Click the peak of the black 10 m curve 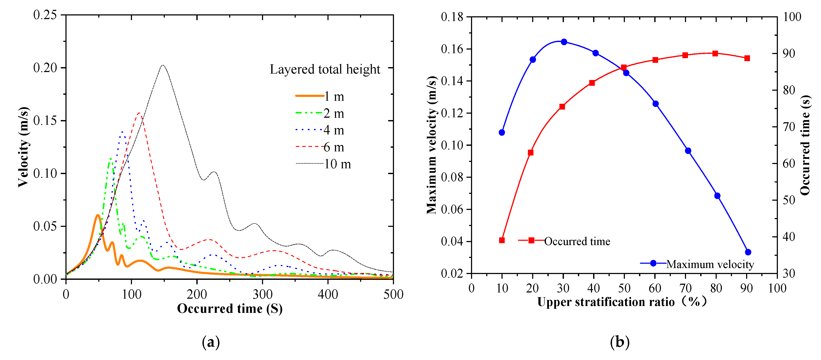(163, 65)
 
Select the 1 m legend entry (320, 96)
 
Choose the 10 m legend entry (324, 164)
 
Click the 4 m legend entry (320, 130)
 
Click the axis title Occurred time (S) (230, 308)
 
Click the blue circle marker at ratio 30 (564, 42)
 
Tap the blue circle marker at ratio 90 (748, 252)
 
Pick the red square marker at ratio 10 (502, 240)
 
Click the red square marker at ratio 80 (715, 54)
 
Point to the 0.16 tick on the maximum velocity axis (452, 49)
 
